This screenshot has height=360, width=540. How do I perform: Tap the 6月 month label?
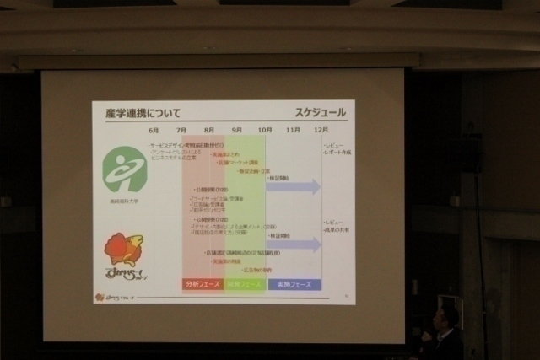coord(154,131)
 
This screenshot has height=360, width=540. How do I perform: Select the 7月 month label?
coord(181,131)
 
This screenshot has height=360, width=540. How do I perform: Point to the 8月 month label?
coord(209,131)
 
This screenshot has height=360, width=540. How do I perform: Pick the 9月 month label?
coord(237,131)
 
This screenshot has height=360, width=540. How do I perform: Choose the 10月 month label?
coord(265,131)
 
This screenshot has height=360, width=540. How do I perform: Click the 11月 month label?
coord(293,131)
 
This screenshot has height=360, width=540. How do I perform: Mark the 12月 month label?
coord(321,131)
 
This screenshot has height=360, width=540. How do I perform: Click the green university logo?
coord(124,169)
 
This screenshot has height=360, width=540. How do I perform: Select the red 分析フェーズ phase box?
coord(202,285)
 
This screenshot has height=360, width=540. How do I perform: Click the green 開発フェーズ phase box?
coord(244,285)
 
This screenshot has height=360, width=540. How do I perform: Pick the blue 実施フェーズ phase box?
coord(294,285)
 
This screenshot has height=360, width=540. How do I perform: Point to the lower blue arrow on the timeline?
coord(293,244)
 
